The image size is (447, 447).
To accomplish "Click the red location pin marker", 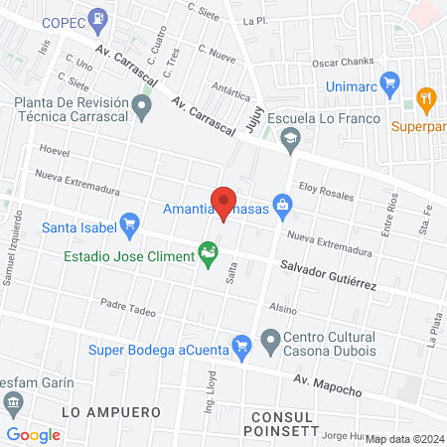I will pyautogui.click(x=223, y=202).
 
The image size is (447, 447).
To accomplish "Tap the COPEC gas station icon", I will pyautogui.click(x=97, y=18).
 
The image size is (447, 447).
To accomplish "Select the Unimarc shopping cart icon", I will pyautogui.click(x=390, y=82).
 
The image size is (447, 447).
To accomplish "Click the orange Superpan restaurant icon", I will pyautogui.click(x=427, y=98).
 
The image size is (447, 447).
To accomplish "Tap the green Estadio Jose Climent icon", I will pyautogui.click(x=208, y=254).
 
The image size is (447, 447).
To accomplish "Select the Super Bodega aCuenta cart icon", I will pyautogui.click(x=240, y=347).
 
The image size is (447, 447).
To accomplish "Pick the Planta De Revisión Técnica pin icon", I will pyautogui.click(x=144, y=108).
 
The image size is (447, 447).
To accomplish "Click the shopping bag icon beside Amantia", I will pyautogui.click(x=283, y=207).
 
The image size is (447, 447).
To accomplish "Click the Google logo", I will pyautogui.click(x=34, y=434).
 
